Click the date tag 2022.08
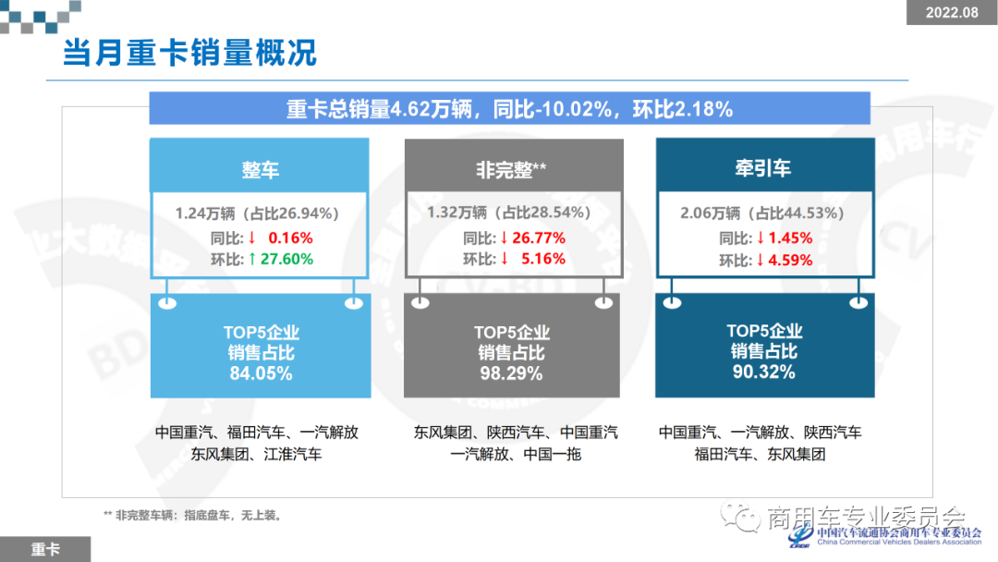pos(952,12)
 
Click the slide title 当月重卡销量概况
pos(189,53)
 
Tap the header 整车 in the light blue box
pos(260,170)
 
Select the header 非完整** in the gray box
pos(511,169)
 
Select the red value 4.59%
pos(791,261)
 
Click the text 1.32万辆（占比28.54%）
pos(510,214)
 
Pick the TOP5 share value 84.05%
pos(261,374)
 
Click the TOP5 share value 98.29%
pos(511,374)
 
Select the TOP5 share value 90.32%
pos(763,373)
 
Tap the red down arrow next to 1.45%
pos(760,238)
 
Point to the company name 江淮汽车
pos(293,454)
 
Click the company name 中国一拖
pos(552,454)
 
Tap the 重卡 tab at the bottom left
pos(45,549)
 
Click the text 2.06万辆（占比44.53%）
pos(762,214)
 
